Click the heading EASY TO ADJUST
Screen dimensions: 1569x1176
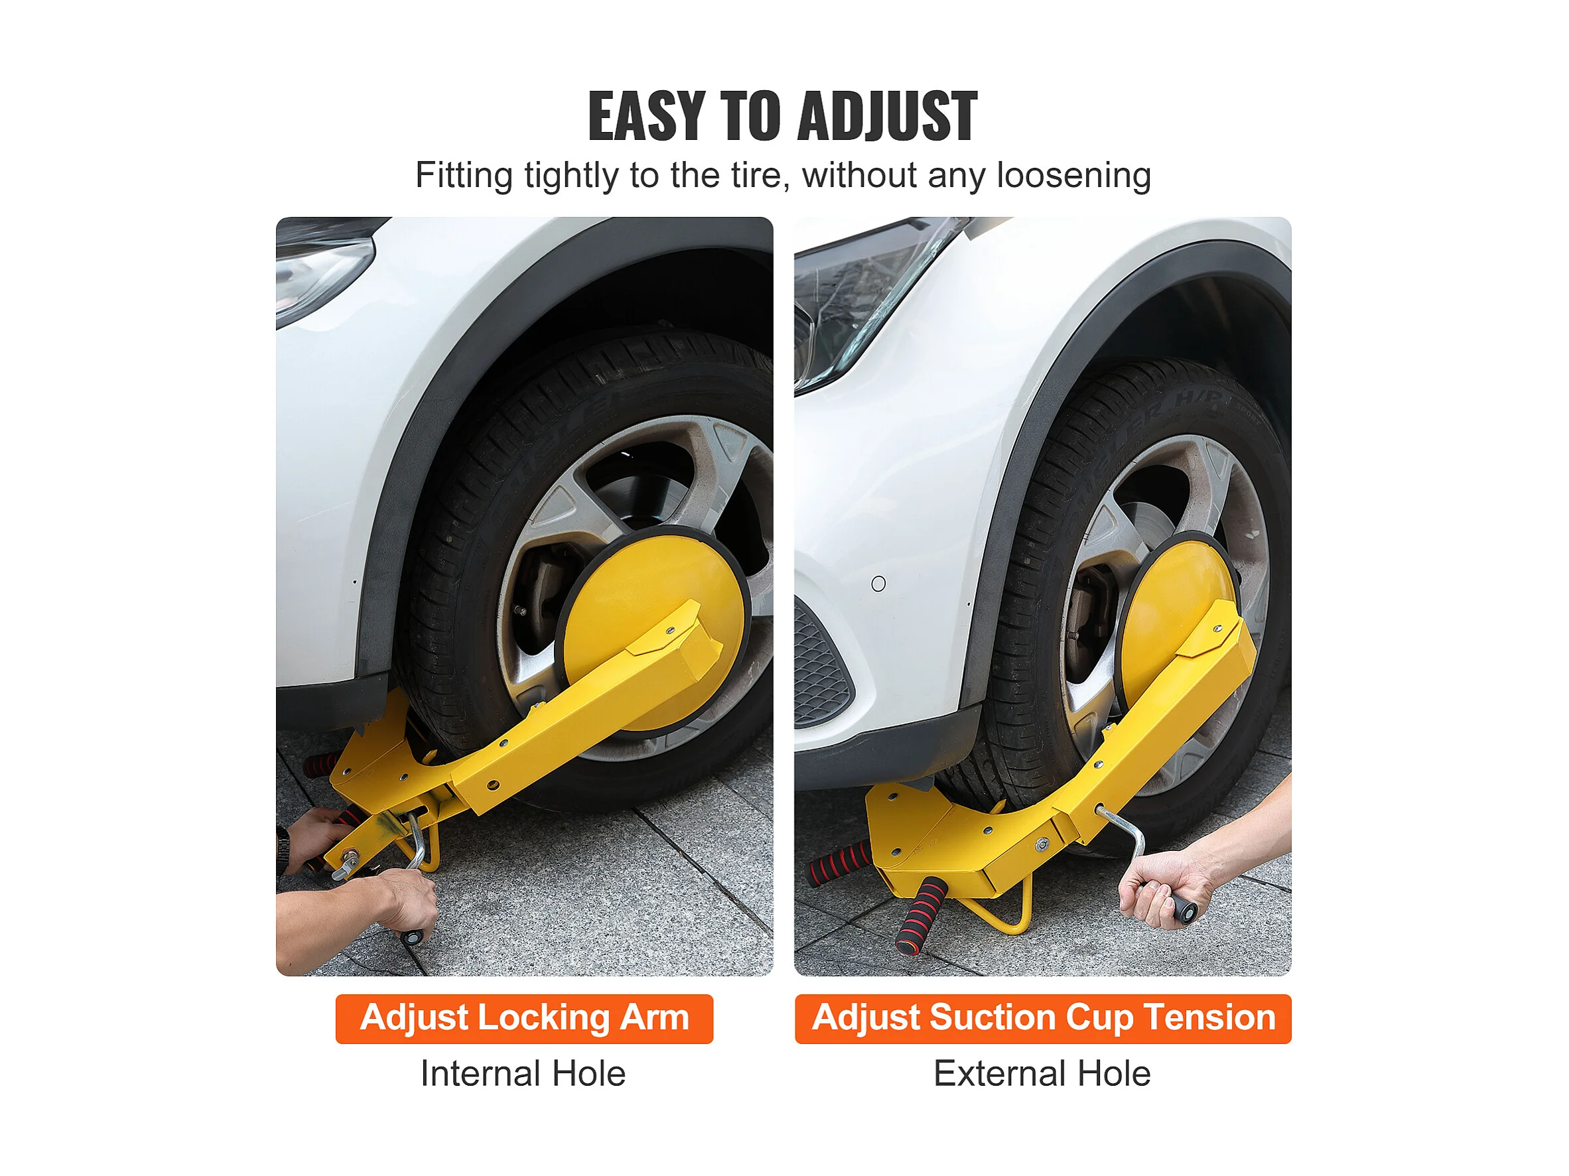coord(783,115)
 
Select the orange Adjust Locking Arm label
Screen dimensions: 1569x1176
coord(524,1019)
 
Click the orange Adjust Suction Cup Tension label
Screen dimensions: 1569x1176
coord(1043,1019)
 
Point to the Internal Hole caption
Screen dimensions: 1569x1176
coord(523,1073)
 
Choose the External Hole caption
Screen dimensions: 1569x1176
coord(1042,1073)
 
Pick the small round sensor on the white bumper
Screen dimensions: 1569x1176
coord(878,584)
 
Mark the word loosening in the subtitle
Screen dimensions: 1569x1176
coord(1074,175)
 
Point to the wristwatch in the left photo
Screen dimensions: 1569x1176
coord(283,850)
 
